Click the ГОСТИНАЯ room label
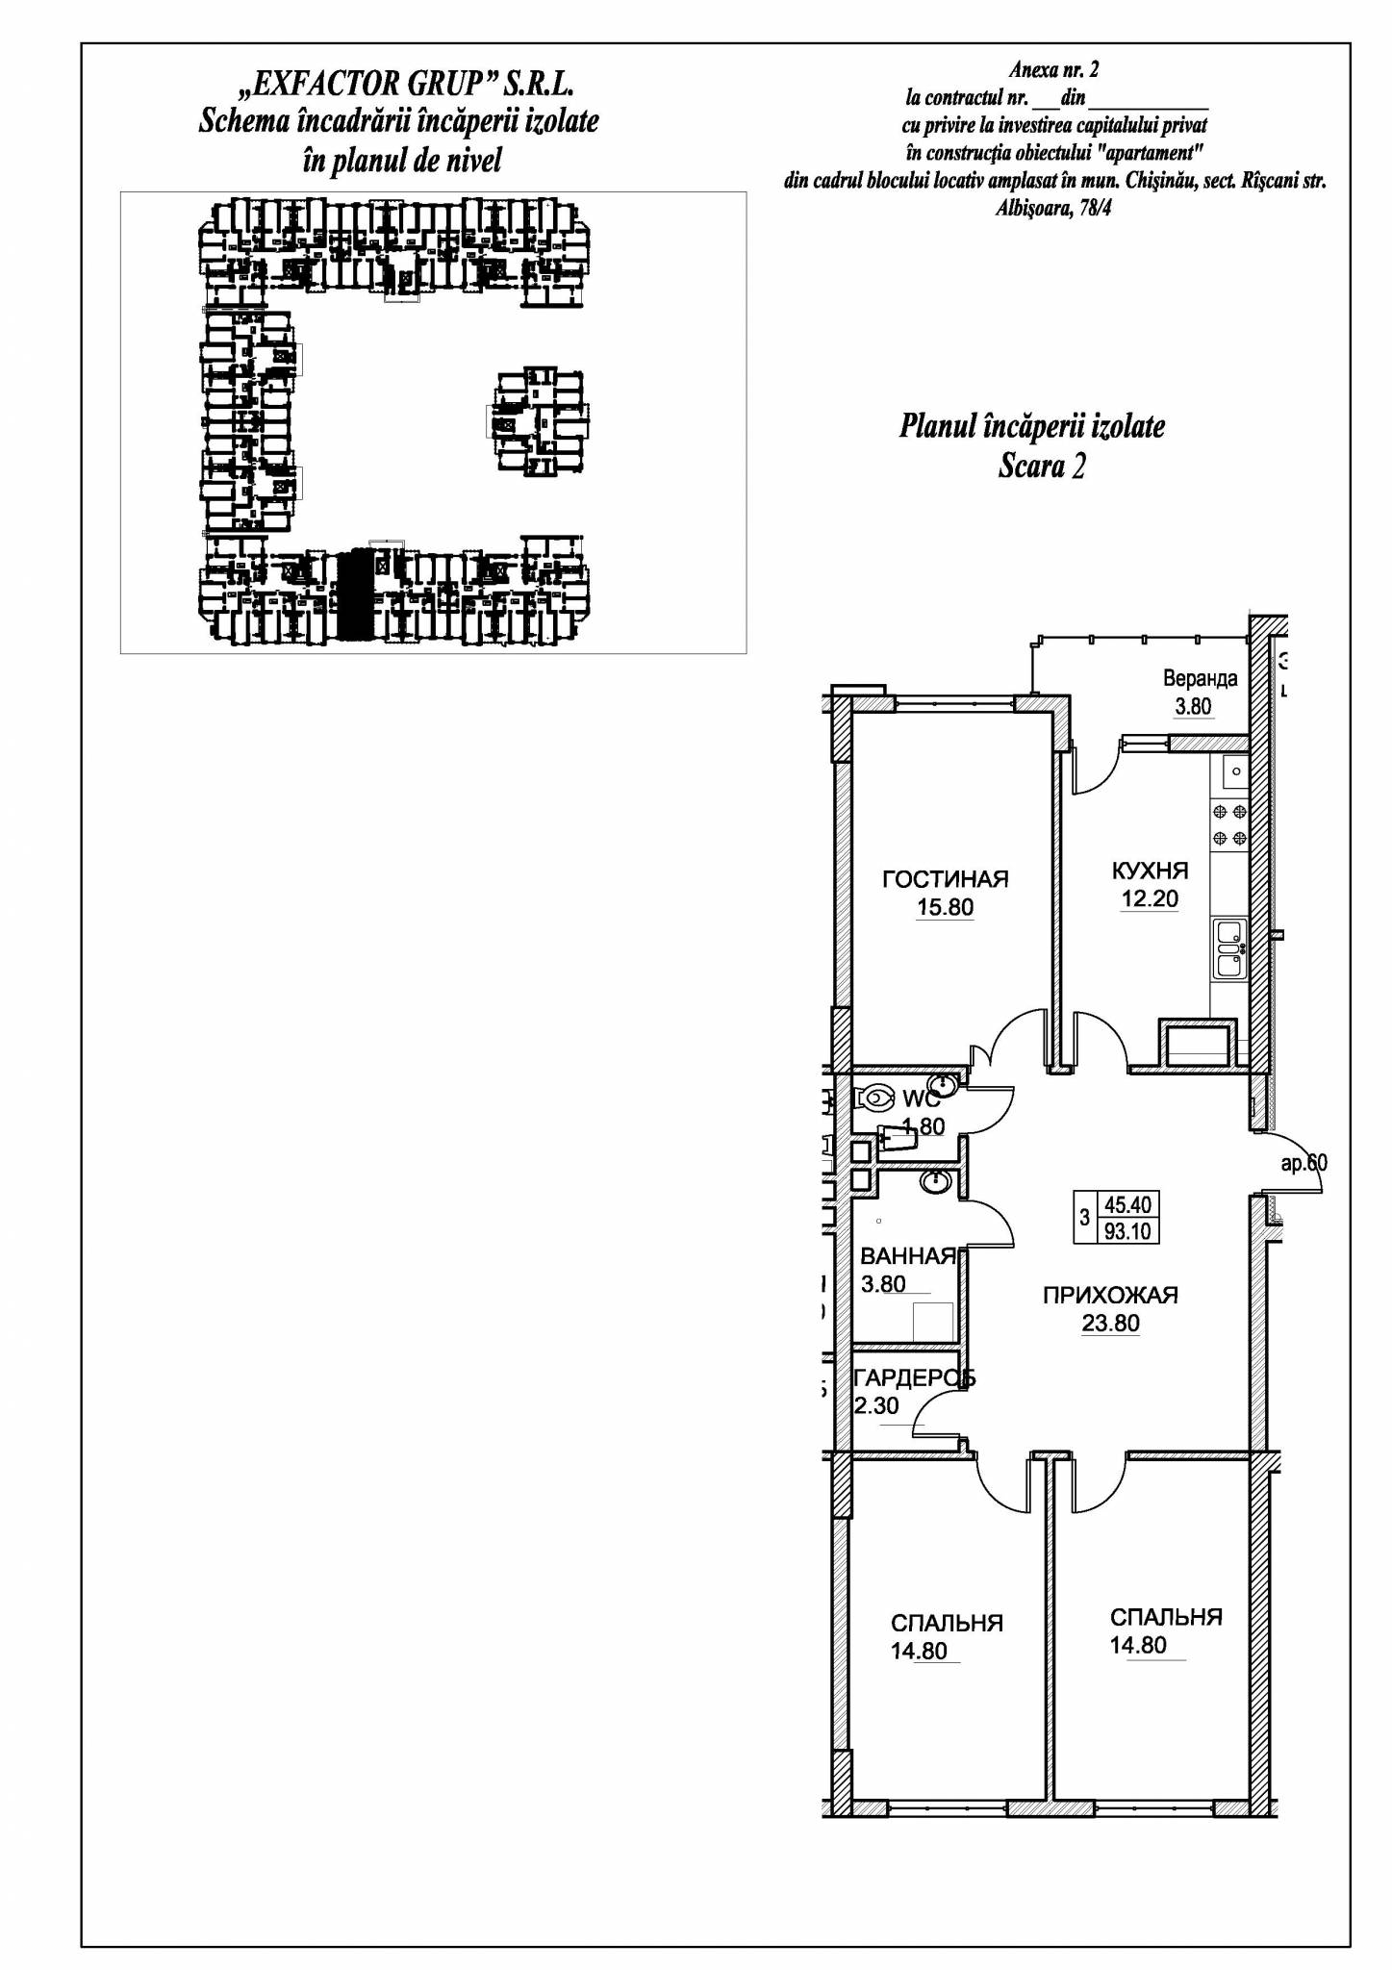point(946,878)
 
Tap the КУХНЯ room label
point(1150,871)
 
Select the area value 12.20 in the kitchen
point(1150,899)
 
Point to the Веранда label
point(1200,678)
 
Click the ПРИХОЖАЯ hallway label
point(1110,1295)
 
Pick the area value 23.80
point(1110,1324)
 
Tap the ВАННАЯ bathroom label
point(908,1255)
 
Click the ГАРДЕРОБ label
point(915,1377)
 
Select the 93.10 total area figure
point(1127,1231)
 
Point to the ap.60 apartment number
point(1303,1163)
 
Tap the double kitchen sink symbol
point(1229,949)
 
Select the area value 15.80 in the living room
point(946,907)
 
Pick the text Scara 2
point(1042,467)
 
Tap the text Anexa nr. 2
point(1054,70)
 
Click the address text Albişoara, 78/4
point(1053,209)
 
